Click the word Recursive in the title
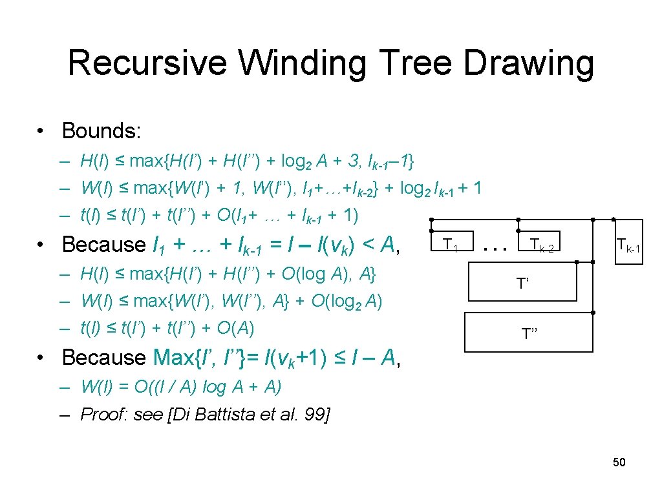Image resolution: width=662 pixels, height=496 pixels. (x=147, y=63)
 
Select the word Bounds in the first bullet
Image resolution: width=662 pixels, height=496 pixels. (x=99, y=131)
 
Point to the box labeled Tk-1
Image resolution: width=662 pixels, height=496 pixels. (x=628, y=244)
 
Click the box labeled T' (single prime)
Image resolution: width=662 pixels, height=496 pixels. (x=521, y=284)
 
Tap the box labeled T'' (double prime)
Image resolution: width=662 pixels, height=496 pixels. (x=529, y=333)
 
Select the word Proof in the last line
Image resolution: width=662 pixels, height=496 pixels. (x=103, y=414)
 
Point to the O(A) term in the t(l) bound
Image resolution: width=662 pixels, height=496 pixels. (x=236, y=328)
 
